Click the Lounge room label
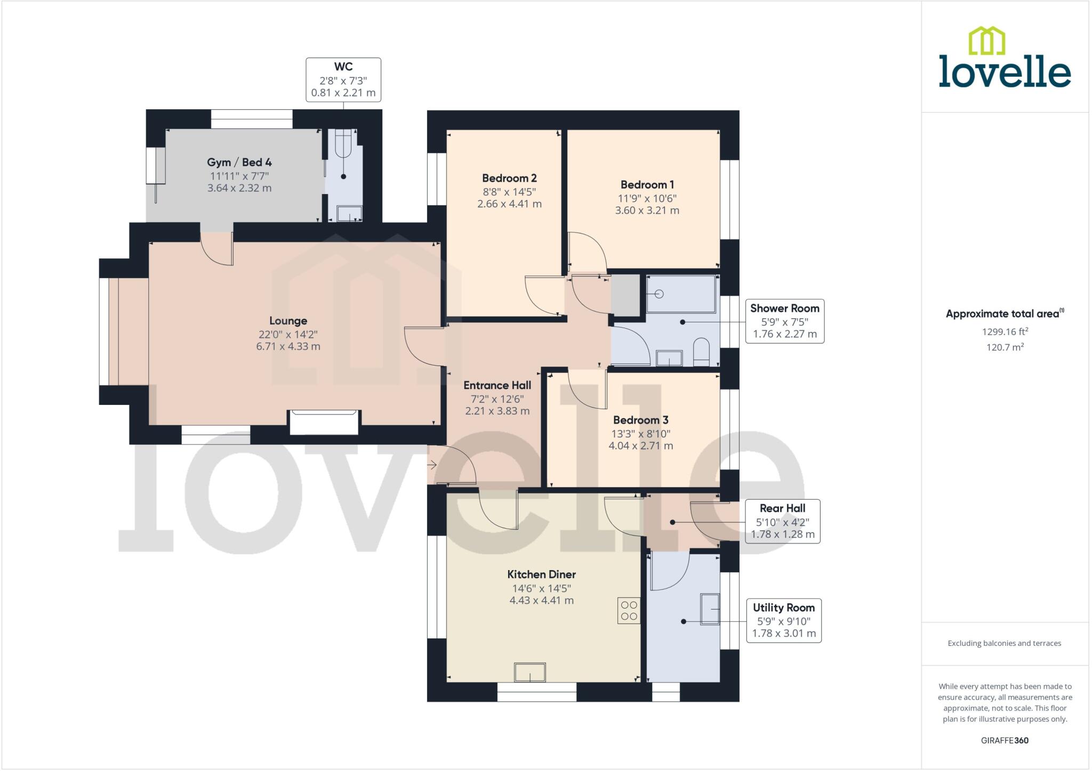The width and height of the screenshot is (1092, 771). (x=288, y=321)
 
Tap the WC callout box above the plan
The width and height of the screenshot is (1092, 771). (x=343, y=80)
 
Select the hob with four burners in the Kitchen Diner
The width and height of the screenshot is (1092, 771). (x=629, y=611)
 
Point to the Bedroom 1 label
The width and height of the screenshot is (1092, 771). (x=647, y=185)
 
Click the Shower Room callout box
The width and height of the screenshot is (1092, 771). (x=784, y=321)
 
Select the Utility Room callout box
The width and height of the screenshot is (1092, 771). (x=783, y=621)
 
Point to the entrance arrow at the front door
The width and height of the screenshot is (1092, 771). (x=432, y=465)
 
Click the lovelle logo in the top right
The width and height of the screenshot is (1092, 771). (x=1004, y=59)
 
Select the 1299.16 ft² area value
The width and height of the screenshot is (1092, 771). (x=1005, y=331)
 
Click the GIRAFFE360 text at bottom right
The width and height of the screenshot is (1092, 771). (x=1005, y=740)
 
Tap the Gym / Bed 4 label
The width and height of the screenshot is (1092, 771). (x=239, y=163)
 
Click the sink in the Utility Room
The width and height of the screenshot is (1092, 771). (x=710, y=609)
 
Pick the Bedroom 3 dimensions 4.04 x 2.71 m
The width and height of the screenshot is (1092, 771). (x=640, y=445)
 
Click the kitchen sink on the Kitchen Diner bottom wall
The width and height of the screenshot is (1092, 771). (x=529, y=672)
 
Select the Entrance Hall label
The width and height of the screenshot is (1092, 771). (x=497, y=385)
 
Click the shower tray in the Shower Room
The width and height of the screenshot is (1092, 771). (x=681, y=294)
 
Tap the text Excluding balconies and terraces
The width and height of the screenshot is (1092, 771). (x=1004, y=643)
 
